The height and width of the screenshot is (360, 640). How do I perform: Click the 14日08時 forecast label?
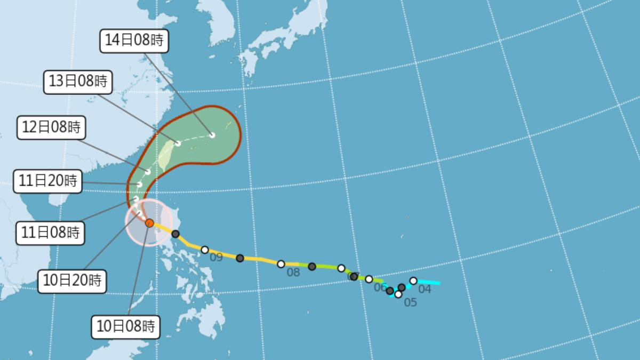[134, 41]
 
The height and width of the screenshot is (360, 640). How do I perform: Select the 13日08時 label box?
[78, 82]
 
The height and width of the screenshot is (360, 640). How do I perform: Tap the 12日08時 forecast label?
[51, 127]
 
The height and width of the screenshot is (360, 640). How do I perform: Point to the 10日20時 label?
[73, 279]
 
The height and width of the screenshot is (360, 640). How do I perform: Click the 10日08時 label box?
[126, 326]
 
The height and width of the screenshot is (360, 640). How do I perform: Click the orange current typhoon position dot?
[150, 223]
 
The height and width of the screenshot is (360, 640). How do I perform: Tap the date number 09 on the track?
[215, 258]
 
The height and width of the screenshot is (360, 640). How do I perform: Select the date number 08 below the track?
[293, 273]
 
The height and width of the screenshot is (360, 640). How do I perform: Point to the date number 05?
[410, 302]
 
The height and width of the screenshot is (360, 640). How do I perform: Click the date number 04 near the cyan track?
[425, 289]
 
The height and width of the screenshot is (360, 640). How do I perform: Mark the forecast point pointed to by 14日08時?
[212, 135]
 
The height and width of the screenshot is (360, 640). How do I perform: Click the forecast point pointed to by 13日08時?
[178, 143]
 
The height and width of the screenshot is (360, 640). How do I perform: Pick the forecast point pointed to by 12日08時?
[148, 171]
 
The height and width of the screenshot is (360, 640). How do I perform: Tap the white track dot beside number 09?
[204, 250]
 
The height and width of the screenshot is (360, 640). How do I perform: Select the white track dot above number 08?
[281, 263]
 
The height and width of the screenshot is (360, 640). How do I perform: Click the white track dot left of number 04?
[413, 281]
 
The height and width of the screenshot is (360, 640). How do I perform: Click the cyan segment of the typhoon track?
[429, 282]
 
